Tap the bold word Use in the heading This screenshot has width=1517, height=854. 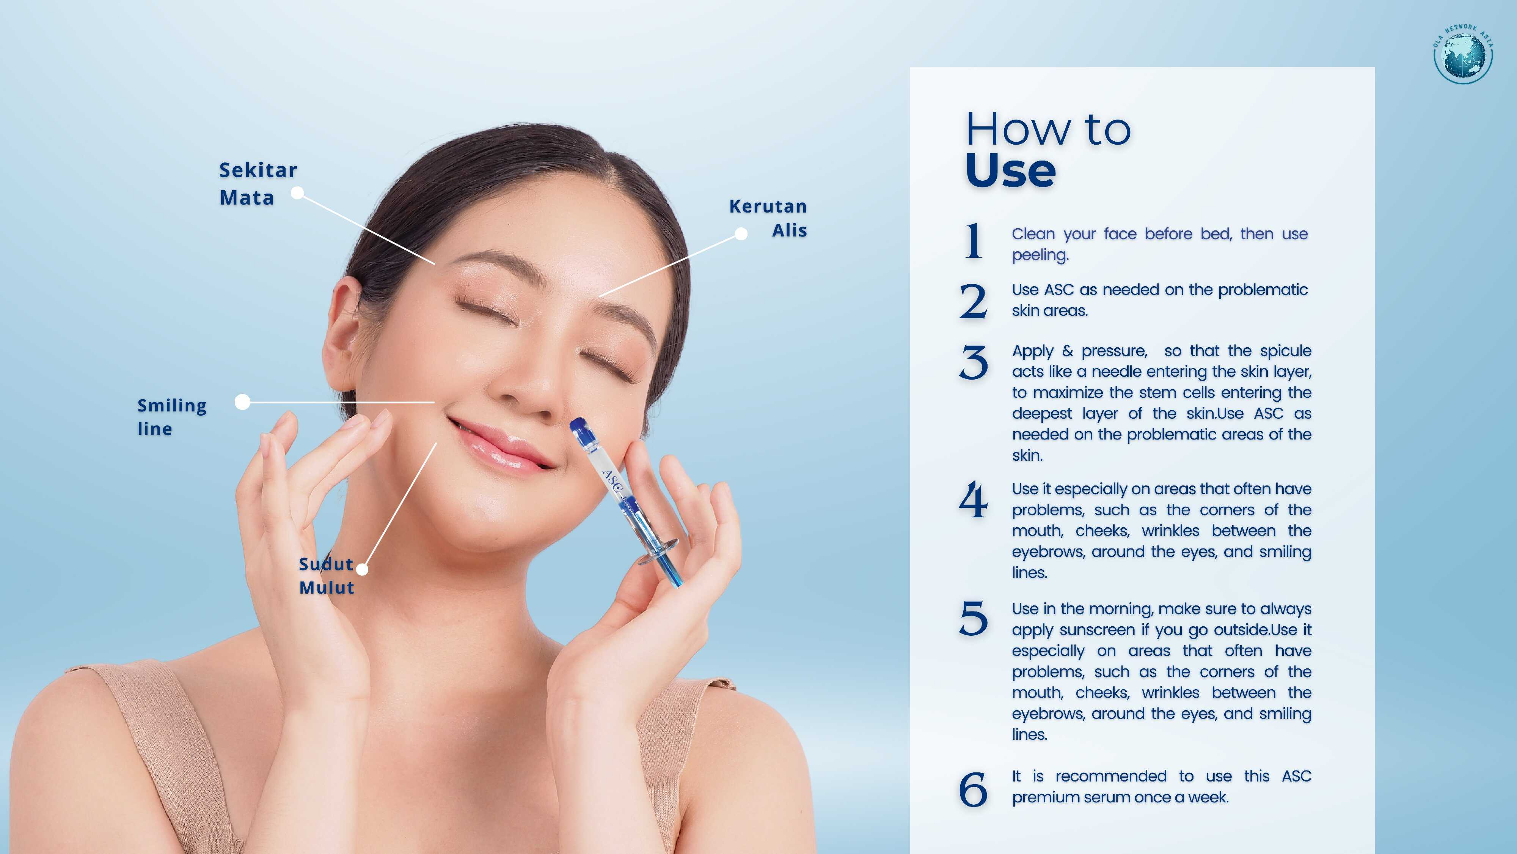coord(1011,171)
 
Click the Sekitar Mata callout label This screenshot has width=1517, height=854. coord(258,183)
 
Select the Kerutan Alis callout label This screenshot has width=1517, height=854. coord(768,218)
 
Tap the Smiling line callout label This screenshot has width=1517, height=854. coord(172,417)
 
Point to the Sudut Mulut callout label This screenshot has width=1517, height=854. coord(327,575)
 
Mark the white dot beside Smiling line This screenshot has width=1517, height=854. coord(242,402)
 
